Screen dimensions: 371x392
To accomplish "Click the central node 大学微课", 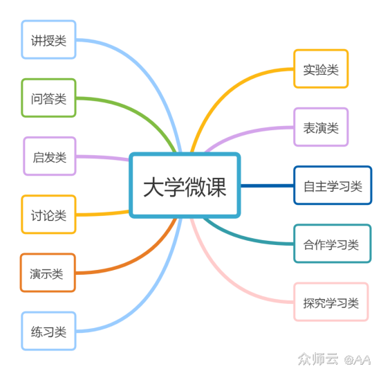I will pyautogui.click(x=185, y=186).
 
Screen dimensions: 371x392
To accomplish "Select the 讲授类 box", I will pyautogui.click(x=48, y=40).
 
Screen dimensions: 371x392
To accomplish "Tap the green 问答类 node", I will pyautogui.click(x=48, y=98).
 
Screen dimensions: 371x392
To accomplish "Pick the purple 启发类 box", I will pyautogui.click(x=48, y=156).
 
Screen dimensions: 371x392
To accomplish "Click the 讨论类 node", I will pyautogui.click(x=48, y=215).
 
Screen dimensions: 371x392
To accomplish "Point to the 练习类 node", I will pyautogui.click(x=48, y=332).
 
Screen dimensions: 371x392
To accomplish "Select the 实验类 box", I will pyautogui.click(x=321, y=69).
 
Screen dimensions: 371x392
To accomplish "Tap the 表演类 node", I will pyautogui.click(x=321, y=127).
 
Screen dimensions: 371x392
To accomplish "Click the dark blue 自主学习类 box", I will pyautogui.click(x=333, y=185).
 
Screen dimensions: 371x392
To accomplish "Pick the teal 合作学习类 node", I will pyautogui.click(x=332, y=244).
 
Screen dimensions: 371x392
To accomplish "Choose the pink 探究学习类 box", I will pyautogui.click(x=331, y=302).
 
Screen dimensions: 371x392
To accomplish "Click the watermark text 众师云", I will pyautogui.click(x=317, y=359).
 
